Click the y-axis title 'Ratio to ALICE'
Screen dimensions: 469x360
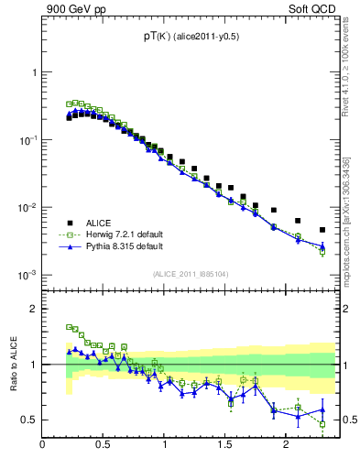pyautogui.click(x=13, y=364)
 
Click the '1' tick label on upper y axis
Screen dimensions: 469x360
pyautogui.click(x=34, y=72)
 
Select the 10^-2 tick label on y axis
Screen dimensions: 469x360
pyautogui.click(x=27, y=207)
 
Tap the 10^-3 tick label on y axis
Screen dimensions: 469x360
pyautogui.click(x=27, y=275)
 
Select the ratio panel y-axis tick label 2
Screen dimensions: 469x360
pyautogui.click(x=33, y=309)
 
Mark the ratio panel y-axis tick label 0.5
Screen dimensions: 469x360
pyautogui.click(x=29, y=420)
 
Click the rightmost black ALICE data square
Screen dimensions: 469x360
pyautogui.click(x=322, y=230)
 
